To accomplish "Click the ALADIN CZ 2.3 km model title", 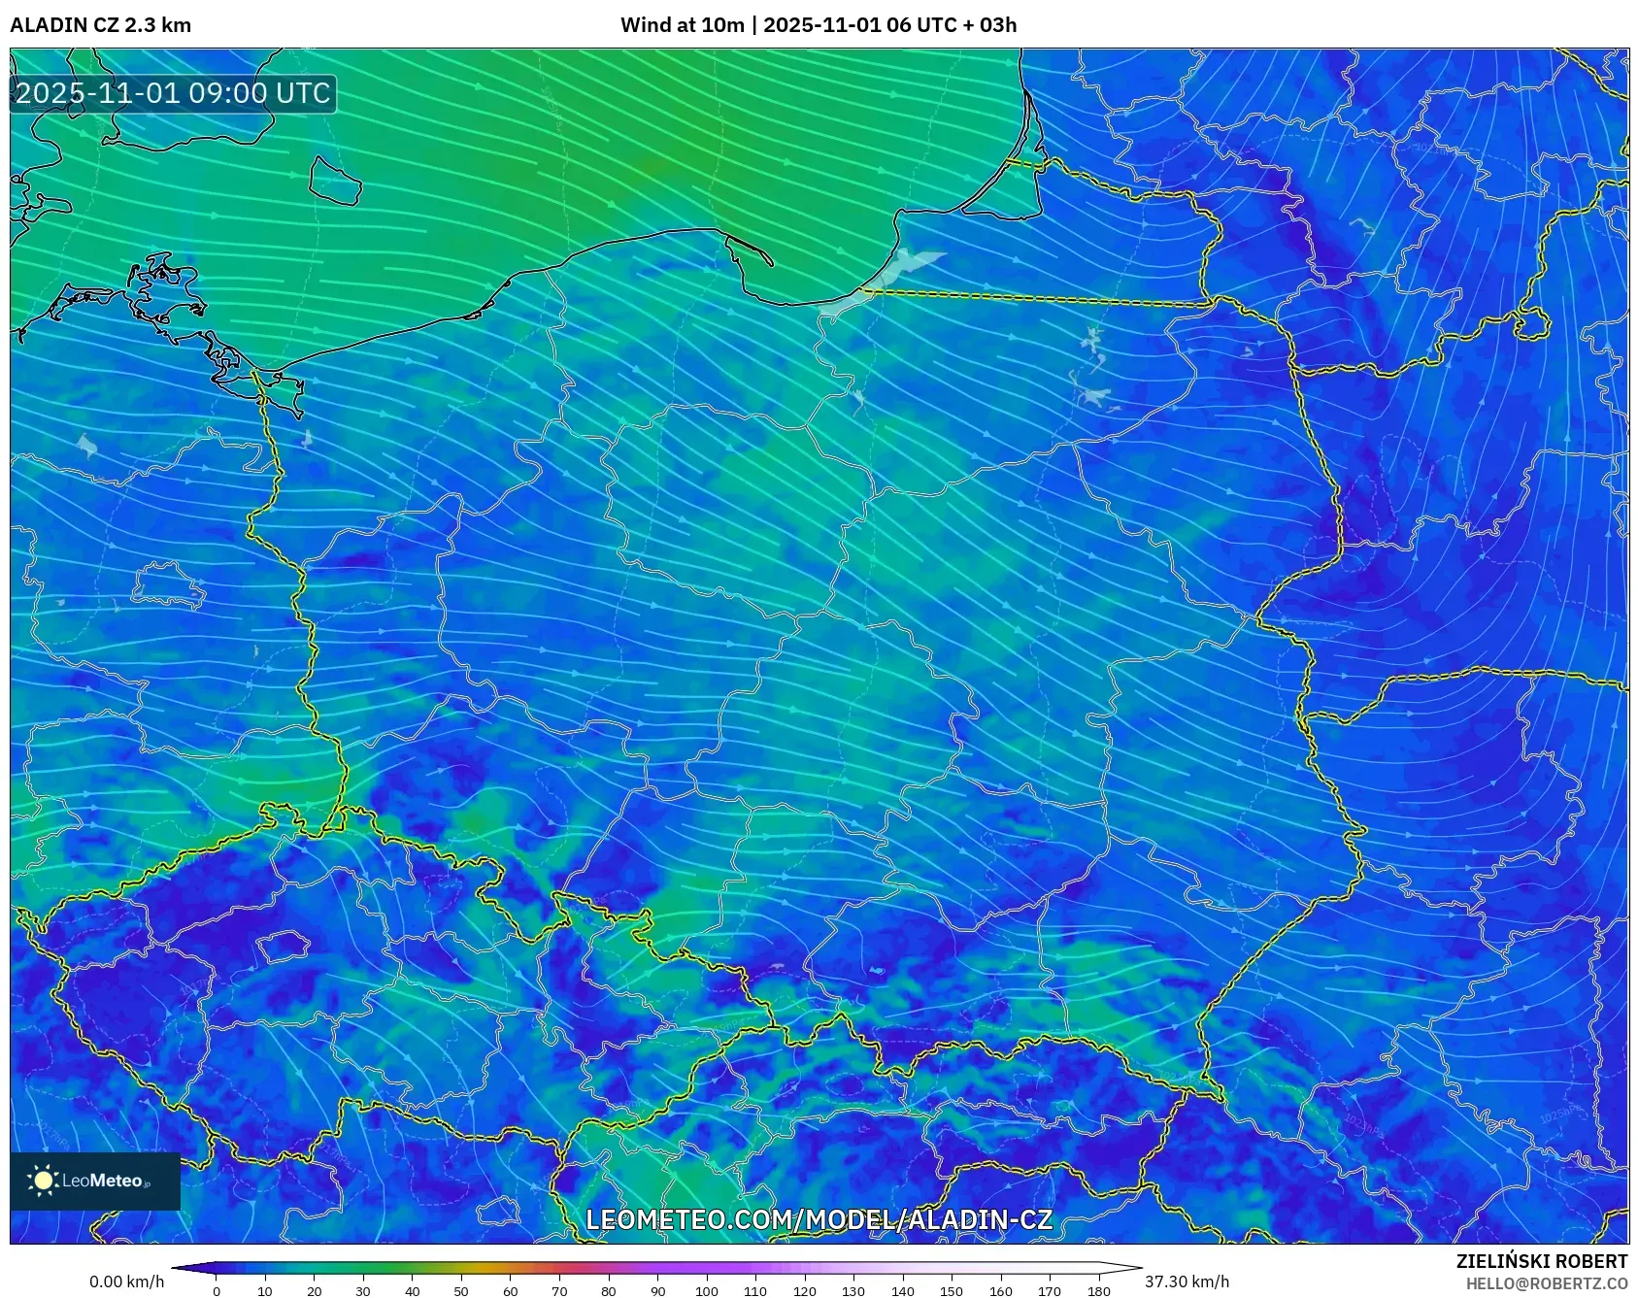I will point(100,25).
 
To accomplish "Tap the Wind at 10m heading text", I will point(684,25).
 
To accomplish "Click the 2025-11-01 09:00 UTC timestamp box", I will point(173,93).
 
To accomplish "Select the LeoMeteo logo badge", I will point(95,1181).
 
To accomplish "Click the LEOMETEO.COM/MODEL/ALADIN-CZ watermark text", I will point(819,1219).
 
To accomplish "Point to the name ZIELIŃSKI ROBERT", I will point(1541,1261).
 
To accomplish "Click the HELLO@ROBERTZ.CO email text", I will point(1546,1283).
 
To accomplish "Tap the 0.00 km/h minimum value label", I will point(126,1281).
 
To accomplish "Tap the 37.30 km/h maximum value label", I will point(1187,1281).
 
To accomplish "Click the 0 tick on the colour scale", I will point(217,1291).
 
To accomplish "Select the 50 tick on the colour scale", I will point(461,1291).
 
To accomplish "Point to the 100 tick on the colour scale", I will point(706,1291).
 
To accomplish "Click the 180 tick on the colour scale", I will point(1098,1291).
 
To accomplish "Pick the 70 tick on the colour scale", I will point(559,1291).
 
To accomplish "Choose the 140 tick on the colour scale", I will point(902,1291).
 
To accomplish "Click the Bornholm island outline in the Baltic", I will point(335,181).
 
